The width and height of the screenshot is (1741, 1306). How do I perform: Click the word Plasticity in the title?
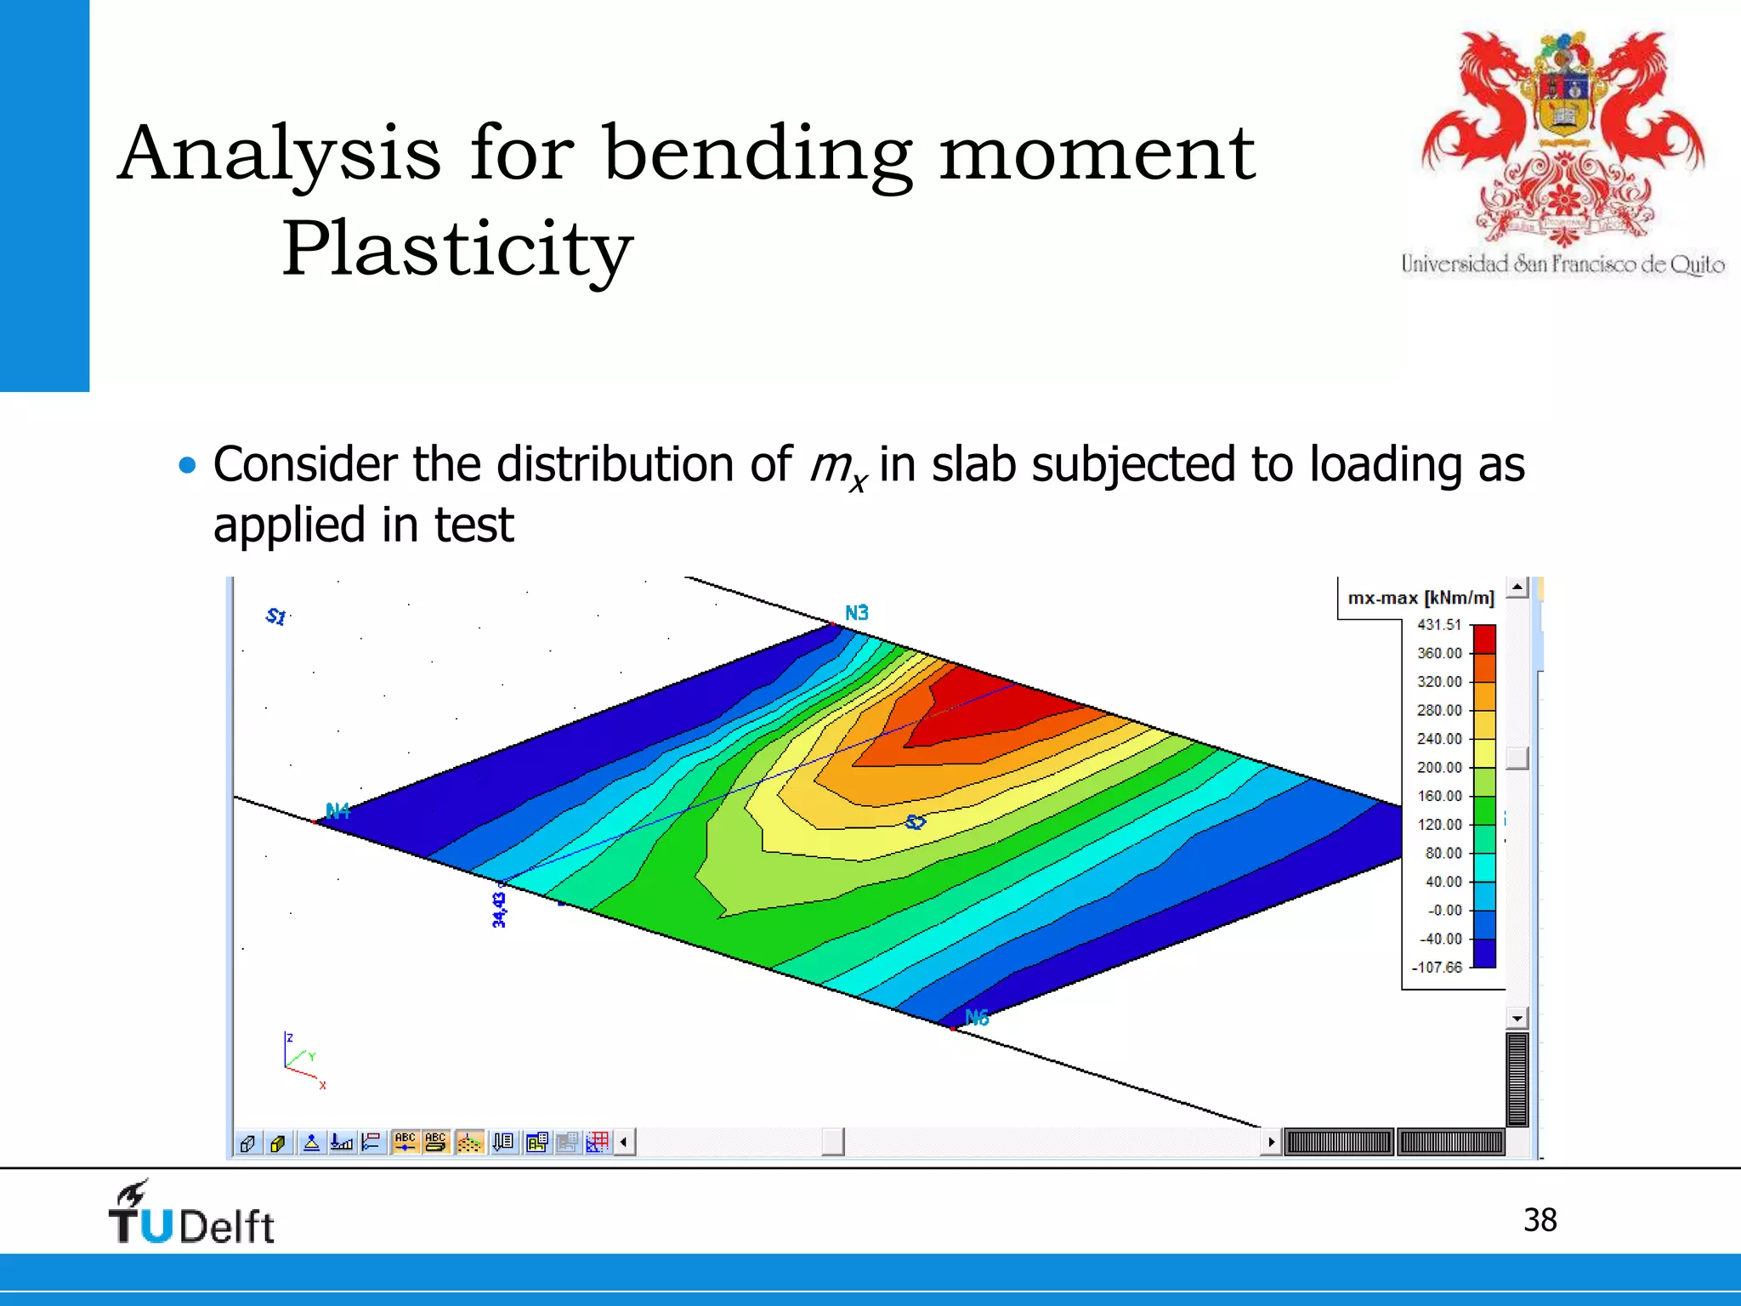pos(457,248)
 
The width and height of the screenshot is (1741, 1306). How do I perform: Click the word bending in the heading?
pos(757,155)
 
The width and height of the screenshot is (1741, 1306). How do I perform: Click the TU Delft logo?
pos(191,1214)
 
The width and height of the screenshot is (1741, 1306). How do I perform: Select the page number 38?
pos(1540,1220)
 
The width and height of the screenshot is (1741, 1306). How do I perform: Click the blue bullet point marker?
pos(187,465)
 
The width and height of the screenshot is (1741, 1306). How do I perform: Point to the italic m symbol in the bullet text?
pos(830,465)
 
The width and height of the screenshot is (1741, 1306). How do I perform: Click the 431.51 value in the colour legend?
pos(1438,625)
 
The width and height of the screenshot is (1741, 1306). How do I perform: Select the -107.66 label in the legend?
pos(1437,968)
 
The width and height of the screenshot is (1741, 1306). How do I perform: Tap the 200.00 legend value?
pos(1439,768)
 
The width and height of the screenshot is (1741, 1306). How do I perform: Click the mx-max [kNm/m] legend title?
pos(1421,599)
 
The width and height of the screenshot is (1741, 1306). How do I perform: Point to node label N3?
pos(856,613)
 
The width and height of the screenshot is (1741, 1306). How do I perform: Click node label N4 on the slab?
pos(337,811)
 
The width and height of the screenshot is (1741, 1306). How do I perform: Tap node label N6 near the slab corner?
pos(977,1017)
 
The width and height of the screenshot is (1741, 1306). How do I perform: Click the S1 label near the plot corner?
pos(276,616)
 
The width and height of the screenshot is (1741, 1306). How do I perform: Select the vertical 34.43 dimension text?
pos(499,910)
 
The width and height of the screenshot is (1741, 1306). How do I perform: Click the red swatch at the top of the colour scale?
pos(1484,639)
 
